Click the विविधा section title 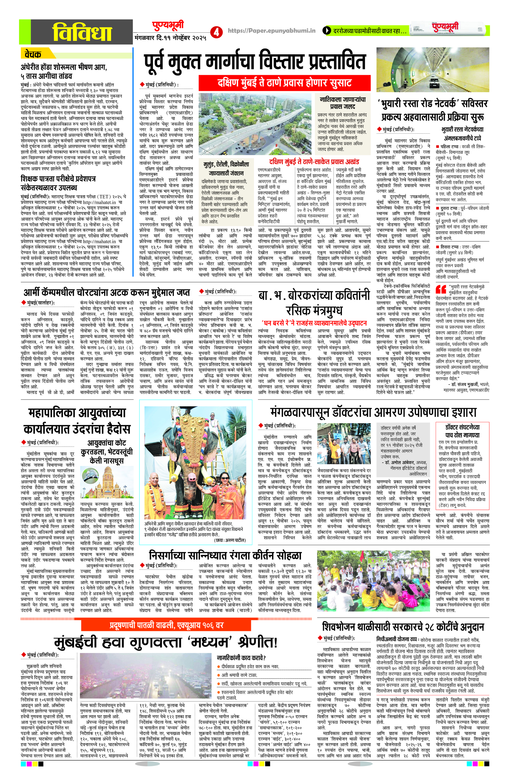tap(82, 32)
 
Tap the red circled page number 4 tap(216, 32)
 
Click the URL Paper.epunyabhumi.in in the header tap(271, 30)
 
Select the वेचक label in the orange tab tap(33, 54)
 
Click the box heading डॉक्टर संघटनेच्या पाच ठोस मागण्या tap(462, 431)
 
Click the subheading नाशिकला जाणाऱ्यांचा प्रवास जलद tap(342, 102)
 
